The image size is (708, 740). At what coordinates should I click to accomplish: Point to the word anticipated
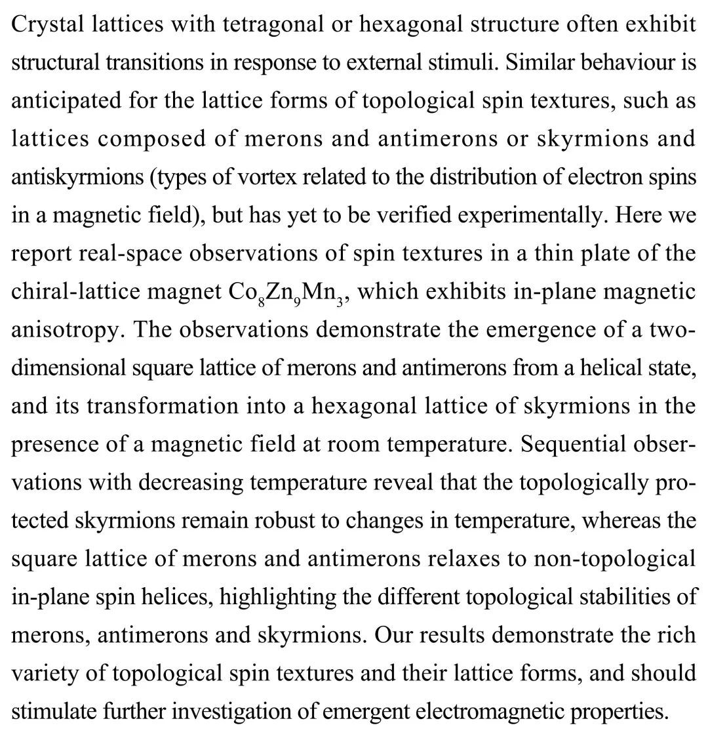[66, 101]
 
